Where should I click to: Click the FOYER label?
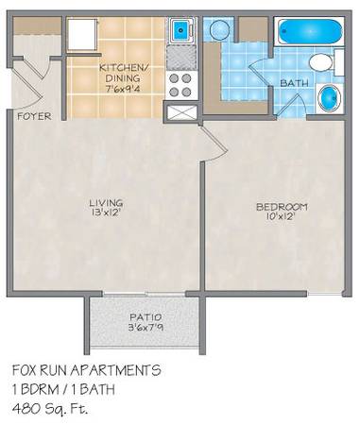coord(34,116)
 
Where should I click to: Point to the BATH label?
coord(294,83)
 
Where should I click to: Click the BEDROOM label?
coord(282,207)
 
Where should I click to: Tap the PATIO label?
coord(146,316)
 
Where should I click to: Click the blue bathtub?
coord(310,31)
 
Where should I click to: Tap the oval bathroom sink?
coord(329,98)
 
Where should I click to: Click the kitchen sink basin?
coord(181,30)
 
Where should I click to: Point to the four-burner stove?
coord(181,85)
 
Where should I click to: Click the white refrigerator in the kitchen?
coord(82,34)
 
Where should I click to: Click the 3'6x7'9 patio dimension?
coord(146,328)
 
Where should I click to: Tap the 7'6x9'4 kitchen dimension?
coord(124,89)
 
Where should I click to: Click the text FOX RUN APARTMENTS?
coord(87,370)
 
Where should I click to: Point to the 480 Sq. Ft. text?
coord(50,409)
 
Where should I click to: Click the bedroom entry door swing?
coord(214,144)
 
